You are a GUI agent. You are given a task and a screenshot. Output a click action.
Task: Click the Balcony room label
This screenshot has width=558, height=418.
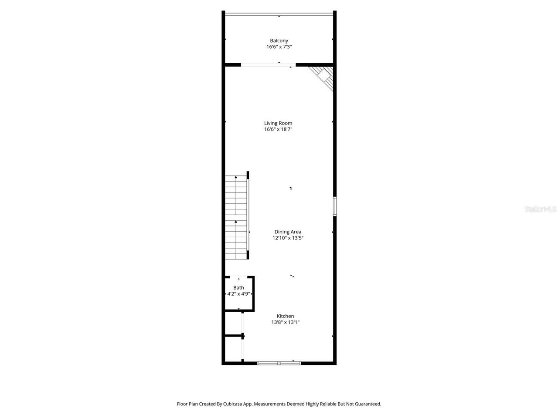point(279,40)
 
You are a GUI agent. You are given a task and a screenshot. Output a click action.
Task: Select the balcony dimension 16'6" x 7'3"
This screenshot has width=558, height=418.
point(279,47)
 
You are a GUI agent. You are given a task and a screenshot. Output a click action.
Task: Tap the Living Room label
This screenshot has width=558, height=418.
point(278,123)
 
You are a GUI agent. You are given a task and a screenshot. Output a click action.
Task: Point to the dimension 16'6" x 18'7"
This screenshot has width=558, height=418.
point(278,129)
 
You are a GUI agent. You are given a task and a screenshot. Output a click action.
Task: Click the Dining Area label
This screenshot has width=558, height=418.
point(288,232)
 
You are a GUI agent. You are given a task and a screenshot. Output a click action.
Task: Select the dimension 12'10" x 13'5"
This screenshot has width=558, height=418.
point(288,238)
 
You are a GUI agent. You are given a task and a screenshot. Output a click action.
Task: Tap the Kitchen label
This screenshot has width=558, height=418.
point(286,316)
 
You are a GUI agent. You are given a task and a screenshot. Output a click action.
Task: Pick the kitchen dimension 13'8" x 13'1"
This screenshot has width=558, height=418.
point(286,322)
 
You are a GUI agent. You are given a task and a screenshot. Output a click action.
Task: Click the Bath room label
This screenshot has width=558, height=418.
point(238,287)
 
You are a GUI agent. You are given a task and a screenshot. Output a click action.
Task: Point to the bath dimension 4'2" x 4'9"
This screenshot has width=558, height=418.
point(238,294)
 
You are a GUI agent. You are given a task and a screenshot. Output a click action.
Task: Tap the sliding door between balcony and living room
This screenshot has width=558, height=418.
point(268,65)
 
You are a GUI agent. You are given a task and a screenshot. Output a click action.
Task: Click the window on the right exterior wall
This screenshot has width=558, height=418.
point(335,206)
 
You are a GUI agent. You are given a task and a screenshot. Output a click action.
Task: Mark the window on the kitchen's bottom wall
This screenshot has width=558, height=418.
point(279,363)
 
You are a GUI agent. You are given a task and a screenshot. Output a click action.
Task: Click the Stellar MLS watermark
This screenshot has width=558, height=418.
point(541,209)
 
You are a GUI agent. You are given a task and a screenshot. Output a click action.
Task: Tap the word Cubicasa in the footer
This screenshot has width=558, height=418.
point(234,404)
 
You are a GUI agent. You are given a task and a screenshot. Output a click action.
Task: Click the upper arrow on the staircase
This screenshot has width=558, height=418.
point(236,178)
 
